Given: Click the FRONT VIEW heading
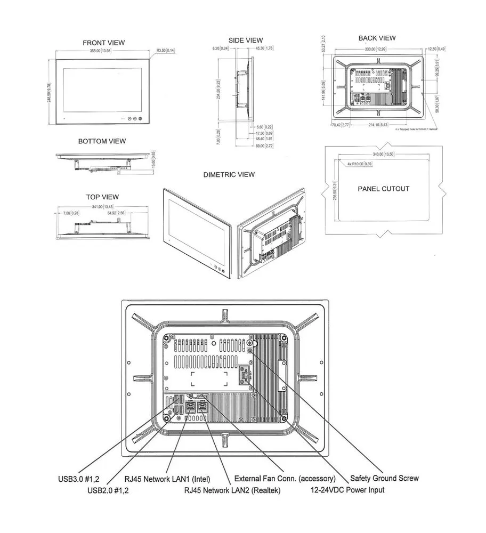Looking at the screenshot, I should [x=104, y=43].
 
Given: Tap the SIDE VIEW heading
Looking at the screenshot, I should [x=246, y=40].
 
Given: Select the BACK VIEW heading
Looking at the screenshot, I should [x=377, y=38].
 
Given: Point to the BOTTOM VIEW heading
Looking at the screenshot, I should [x=102, y=141].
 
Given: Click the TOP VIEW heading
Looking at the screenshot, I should [x=102, y=197].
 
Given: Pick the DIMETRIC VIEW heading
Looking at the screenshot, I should [x=229, y=175].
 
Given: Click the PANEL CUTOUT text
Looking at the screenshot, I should [x=384, y=189].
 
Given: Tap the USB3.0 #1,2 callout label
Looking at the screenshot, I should [x=79, y=478].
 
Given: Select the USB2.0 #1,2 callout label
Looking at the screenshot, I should [x=108, y=490].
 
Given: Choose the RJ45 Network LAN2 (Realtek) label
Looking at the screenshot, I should [x=232, y=490].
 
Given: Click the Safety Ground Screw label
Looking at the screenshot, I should [x=384, y=478].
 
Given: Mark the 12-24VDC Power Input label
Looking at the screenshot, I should [x=347, y=489].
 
